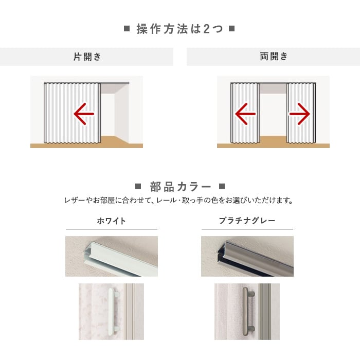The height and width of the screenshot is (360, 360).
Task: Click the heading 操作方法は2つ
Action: point(180,29)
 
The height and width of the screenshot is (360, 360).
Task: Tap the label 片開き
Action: point(87,57)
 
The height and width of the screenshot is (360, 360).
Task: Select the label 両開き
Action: point(274,56)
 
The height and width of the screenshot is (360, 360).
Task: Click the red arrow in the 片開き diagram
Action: point(84,114)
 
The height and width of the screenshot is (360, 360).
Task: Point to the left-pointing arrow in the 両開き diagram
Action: point(245,114)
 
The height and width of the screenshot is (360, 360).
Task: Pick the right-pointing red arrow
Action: point(300,114)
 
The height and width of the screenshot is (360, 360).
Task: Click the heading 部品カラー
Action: point(181,187)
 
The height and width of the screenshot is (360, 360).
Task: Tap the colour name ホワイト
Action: point(112,221)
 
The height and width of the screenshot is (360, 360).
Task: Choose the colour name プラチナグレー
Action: point(247,221)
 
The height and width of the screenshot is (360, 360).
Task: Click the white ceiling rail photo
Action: point(112,256)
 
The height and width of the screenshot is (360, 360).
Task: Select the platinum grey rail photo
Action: point(247,256)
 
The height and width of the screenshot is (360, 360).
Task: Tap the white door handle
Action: point(113,310)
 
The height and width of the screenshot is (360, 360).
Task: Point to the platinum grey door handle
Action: point(247,310)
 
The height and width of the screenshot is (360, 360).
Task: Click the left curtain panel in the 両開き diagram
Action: point(245,113)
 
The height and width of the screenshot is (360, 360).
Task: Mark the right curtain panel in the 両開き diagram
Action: point(301,113)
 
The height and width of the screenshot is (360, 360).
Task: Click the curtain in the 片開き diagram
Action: point(73,113)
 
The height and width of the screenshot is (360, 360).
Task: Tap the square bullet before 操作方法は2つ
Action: point(127,29)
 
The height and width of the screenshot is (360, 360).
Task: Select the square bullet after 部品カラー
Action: point(222,186)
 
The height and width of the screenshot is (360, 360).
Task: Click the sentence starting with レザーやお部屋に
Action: point(178,201)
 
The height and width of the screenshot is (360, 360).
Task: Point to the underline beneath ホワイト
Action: point(112,229)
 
